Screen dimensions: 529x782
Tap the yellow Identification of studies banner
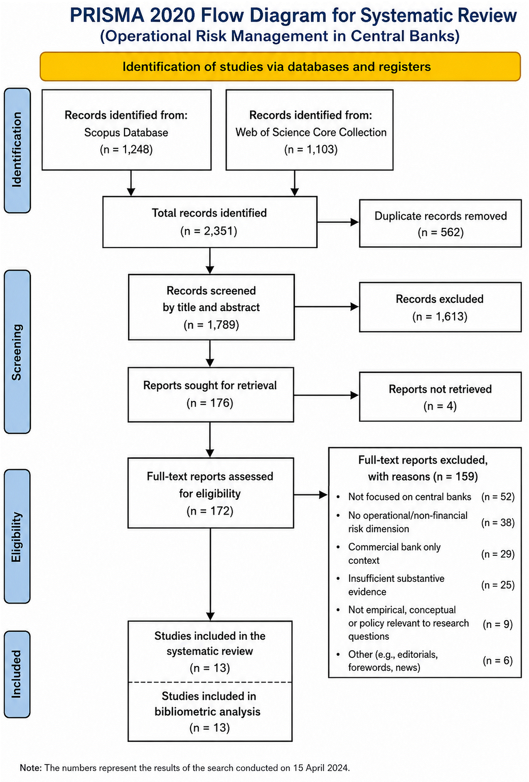280,66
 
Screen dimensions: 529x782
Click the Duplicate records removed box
440,223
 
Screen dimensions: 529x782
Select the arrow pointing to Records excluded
326,306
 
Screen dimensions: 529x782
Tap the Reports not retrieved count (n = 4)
440,406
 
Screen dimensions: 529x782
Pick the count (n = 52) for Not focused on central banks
498,497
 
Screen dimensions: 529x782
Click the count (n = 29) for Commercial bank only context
498,554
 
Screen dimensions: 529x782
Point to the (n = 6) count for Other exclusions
498,661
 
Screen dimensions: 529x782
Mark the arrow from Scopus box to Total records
131,183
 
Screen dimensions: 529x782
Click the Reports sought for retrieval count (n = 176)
210,403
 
